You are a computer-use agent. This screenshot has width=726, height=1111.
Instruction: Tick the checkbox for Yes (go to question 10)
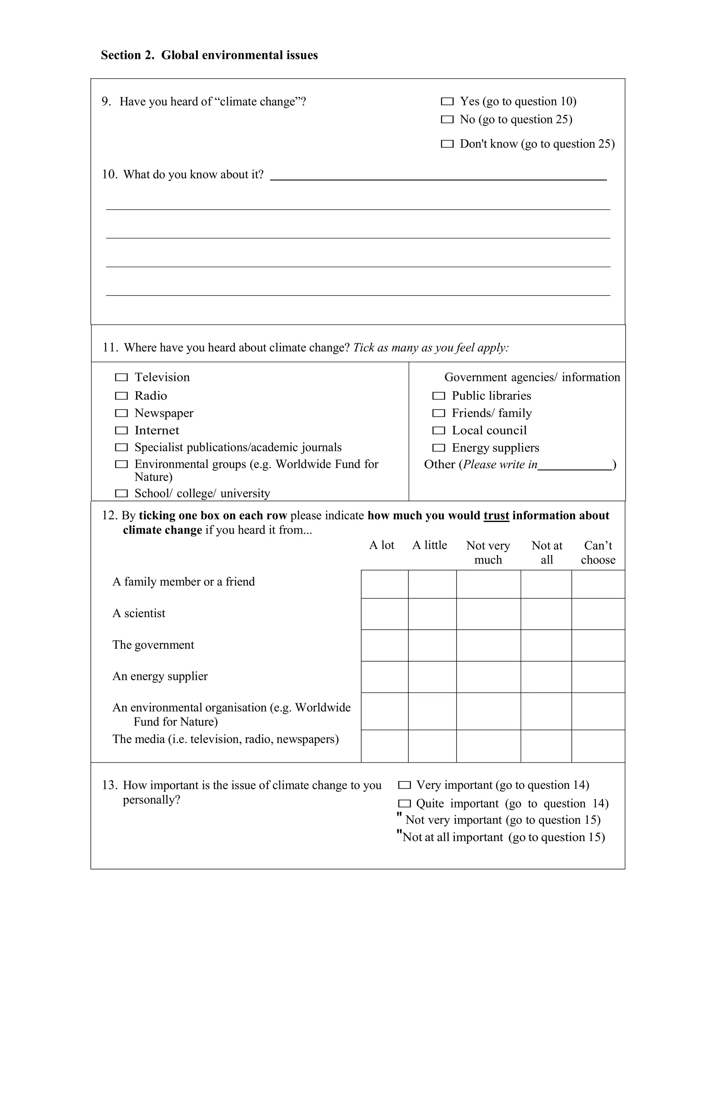[x=447, y=101]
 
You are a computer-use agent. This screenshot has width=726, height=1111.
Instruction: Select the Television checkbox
[x=121, y=377]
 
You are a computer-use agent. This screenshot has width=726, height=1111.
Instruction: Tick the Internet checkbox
[x=121, y=430]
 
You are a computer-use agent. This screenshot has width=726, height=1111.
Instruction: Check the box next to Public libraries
[x=439, y=396]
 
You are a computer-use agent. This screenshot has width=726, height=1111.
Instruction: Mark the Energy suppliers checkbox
[x=439, y=448]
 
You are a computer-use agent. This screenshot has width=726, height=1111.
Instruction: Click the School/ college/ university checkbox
[x=121, y=493]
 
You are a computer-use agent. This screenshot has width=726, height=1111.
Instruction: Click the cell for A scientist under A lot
[x=385, y=614]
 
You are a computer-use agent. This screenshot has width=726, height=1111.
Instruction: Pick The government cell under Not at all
[x=546, y=645]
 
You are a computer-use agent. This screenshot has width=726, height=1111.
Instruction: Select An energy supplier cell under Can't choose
[x=598, y=677]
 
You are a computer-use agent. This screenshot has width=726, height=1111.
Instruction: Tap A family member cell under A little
[x=432, y=584]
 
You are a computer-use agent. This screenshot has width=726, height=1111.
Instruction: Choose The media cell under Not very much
[x=488, y=746]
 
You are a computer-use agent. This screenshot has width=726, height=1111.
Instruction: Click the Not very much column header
[x=488, y=553]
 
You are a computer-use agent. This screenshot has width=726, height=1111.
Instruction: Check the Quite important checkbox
[x=404, y=804]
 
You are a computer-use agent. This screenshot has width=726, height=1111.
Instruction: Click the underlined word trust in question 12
[x=496, y=516]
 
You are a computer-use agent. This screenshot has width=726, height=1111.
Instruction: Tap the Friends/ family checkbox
[x=439, y=413]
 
